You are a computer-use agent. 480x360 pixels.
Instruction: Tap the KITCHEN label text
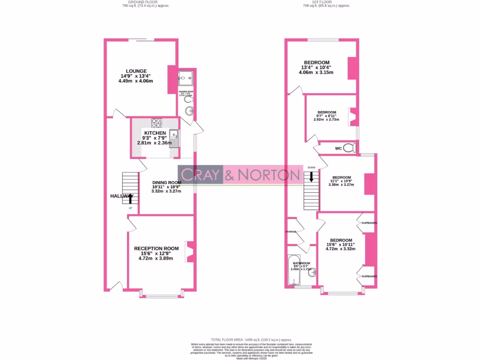point(155,133)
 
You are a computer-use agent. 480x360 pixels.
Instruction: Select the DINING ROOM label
point(166,182)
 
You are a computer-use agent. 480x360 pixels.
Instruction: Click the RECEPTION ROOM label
point(156,248)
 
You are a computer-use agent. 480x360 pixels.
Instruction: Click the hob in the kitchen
point(156,122)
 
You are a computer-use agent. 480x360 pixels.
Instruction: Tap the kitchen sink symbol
point(174,138)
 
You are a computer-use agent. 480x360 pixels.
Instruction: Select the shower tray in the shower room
point(187,77)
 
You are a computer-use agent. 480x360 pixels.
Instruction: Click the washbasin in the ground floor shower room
point(189,111)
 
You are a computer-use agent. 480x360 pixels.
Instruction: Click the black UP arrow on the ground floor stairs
point(130,199)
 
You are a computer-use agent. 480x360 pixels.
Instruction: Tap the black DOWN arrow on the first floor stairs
point(311,177)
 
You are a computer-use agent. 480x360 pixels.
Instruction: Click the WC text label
point(338,149)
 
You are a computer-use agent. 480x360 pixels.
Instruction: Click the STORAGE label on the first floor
point(291,232)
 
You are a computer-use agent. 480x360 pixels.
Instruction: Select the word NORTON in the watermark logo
point(269,175)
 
